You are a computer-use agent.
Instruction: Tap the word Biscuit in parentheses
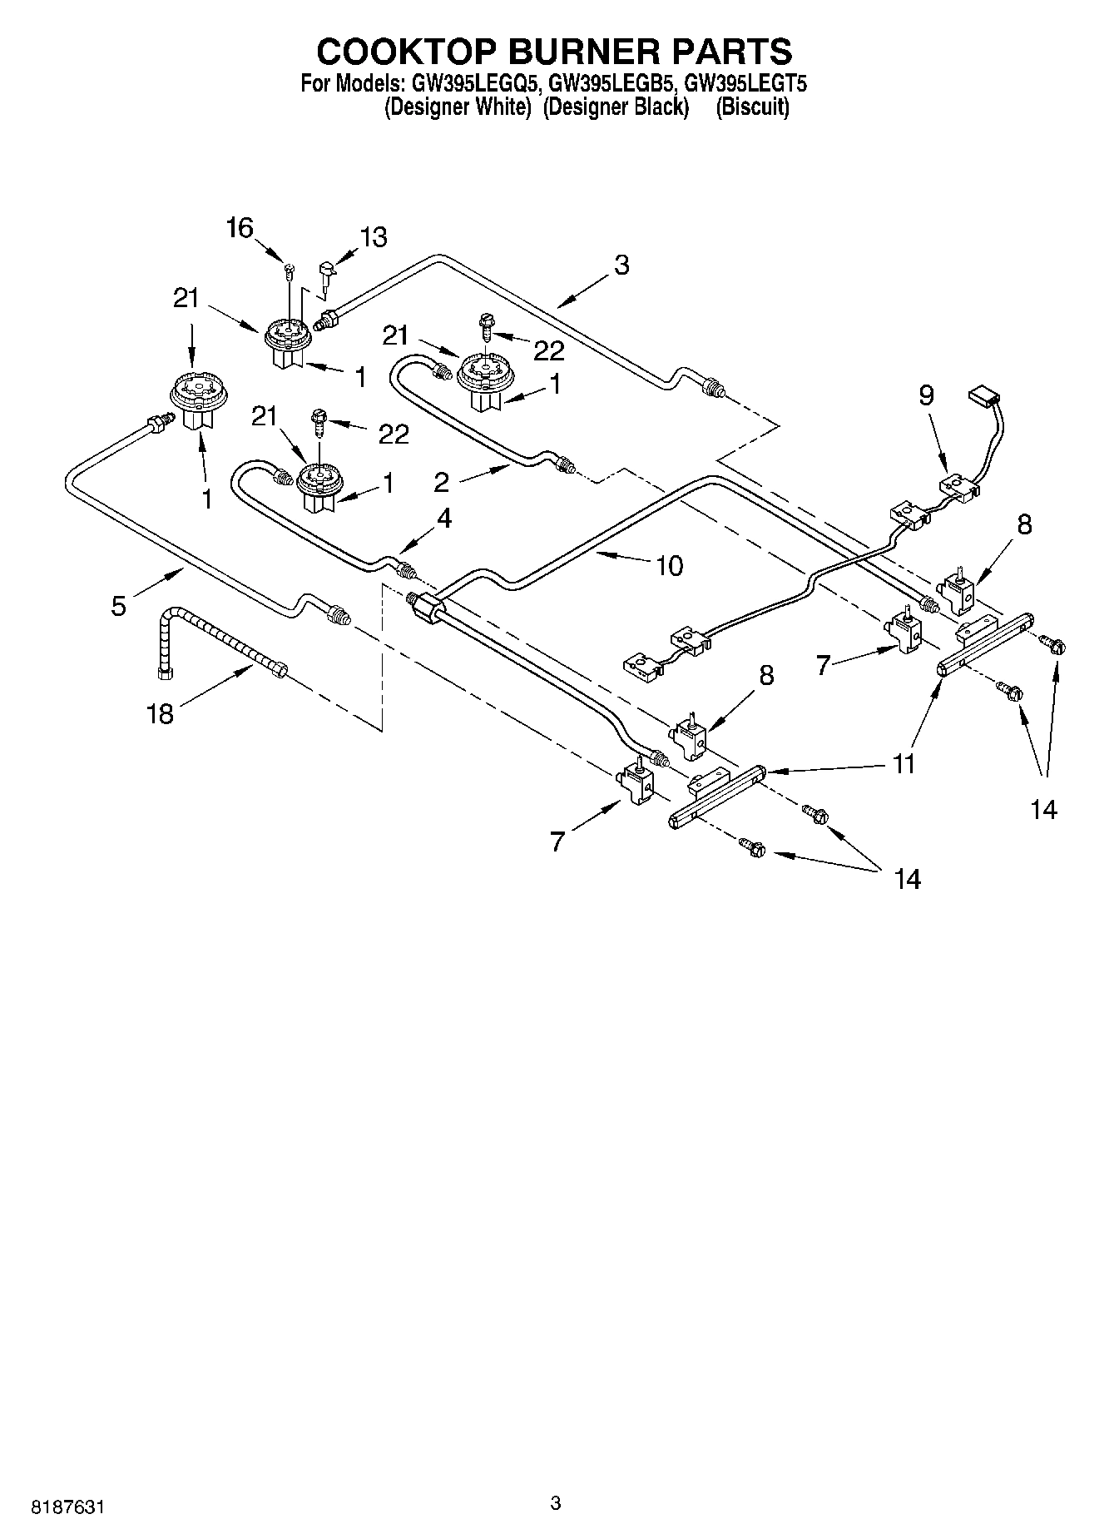coord(752,107)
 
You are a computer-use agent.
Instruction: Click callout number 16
coord(240,228)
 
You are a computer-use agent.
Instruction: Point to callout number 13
coord(374,237)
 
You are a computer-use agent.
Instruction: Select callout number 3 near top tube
coord(621,266)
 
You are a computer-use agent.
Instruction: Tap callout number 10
coord(669,566)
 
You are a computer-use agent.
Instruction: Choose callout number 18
coord(160,713)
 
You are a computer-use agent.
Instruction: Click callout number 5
coord(119,606)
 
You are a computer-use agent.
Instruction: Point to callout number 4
coord(443,519)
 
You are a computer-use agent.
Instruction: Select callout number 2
coord(441,482)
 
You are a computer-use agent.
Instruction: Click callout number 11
coord(904,763)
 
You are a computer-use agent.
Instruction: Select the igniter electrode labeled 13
coord(326,274)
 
